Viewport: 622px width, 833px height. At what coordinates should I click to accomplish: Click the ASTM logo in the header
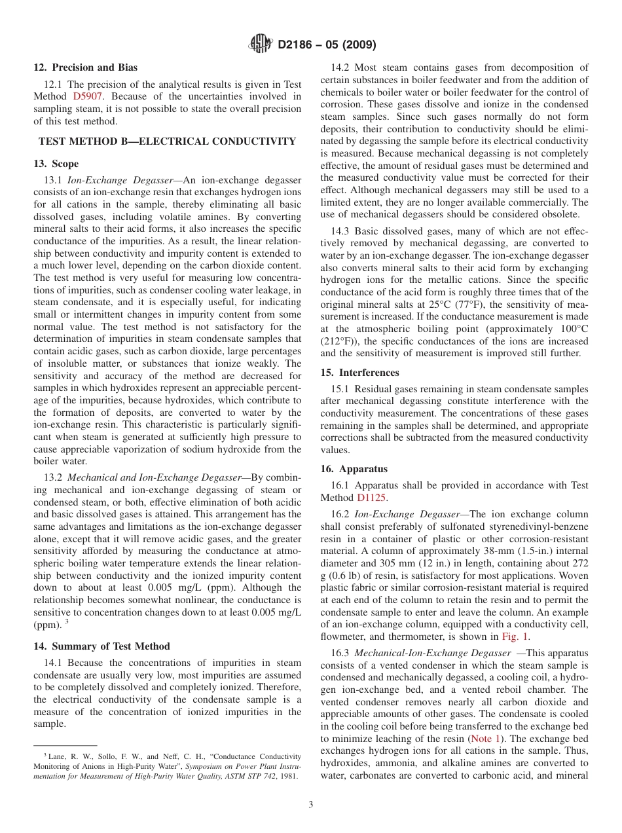pos(260,45)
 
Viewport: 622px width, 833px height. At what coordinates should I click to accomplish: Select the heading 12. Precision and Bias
pos(86,67)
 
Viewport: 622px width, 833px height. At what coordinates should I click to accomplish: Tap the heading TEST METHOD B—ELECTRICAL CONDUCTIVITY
pos(167,141)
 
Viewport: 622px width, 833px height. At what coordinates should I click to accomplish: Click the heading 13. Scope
pos(56,164)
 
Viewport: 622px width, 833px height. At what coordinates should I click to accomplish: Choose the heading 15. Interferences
pos(359,372)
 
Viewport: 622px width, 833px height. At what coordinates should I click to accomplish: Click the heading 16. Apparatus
pos(354,469)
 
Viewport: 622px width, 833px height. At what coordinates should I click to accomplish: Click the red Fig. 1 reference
pos(515,636)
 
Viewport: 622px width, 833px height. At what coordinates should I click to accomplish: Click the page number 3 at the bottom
pos(311,804)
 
